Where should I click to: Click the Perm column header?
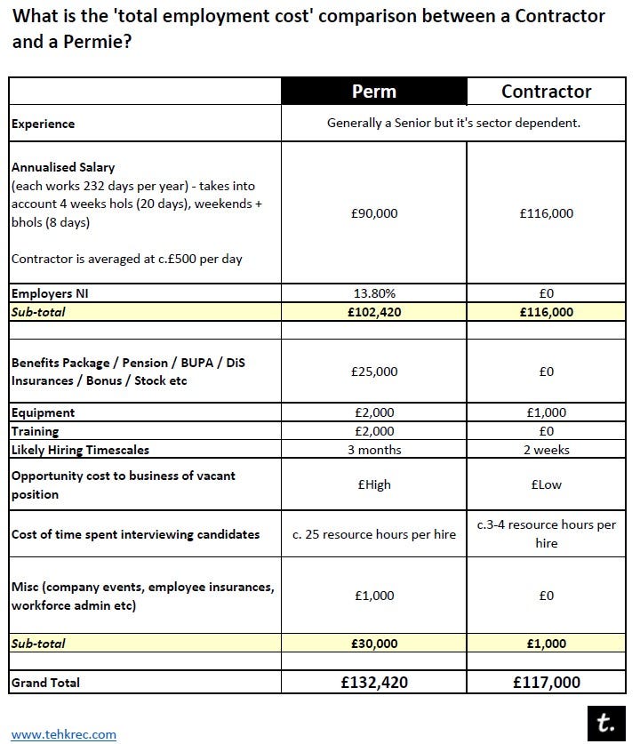pos(373,92)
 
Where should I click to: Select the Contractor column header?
pos(546,92)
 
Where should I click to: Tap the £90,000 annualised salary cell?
pos(373,213)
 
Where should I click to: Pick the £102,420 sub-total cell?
pos(373,312)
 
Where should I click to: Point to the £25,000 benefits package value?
pos(373,372)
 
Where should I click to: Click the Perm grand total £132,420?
pos(373,682)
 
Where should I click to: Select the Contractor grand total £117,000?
pos(546,682)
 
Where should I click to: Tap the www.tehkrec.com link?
pos(63,734)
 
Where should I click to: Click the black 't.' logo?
pos(606,723)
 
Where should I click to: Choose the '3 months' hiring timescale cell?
pos(373,450)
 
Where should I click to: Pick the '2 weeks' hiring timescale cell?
pos(546,450)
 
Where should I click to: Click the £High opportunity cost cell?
pos(373,485)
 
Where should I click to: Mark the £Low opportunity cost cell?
pos(546,485)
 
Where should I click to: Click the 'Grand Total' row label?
pos(45,683)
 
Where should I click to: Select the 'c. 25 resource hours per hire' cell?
pos(373,534)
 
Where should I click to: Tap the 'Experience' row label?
pos(43,124)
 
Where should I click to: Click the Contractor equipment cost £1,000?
pos(546,413)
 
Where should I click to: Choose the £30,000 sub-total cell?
pos(373,644)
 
